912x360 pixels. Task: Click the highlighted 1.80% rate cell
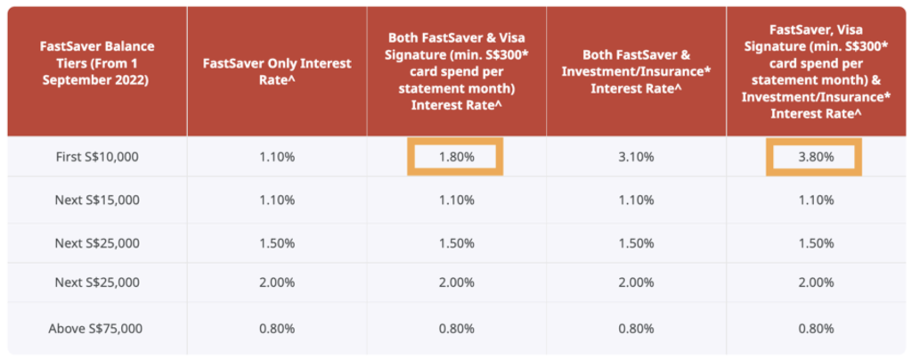click(x=455, y=157)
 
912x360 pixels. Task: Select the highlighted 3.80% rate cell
click(x=814, y=157)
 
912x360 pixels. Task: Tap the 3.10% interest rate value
click(x=635, y=157)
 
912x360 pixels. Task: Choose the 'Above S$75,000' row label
click(x=95, y=329)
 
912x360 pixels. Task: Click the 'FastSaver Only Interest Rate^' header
click(x=277, y=70)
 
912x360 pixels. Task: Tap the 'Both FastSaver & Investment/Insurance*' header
click(x=636, y=70)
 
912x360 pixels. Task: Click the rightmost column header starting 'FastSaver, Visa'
click(x=816, y=70)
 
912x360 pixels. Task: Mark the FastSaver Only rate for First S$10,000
click(x=276, y=157)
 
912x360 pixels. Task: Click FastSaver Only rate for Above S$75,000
click(x=276, y=329)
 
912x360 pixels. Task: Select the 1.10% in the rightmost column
click(x=815, y=200)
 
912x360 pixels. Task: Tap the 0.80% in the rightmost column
click(x=815, y=329)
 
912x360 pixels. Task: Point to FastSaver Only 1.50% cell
click(x=276, y=243)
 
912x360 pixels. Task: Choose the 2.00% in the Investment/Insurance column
click(x=635, y=282)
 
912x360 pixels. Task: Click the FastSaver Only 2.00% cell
click(x=276, y=282)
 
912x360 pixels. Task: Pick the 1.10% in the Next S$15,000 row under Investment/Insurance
click(x=635, y=200)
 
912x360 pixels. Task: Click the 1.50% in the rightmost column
click(x=815, y=243)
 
